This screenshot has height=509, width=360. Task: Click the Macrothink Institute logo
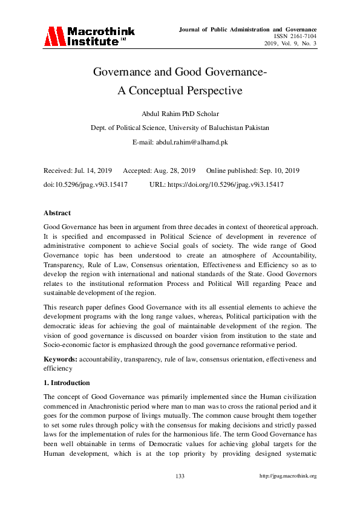coord(89,36)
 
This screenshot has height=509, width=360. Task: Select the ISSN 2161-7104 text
coord(296,36)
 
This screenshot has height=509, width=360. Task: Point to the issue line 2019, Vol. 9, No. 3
coord(290,44)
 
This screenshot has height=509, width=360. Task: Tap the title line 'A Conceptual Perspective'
coord(180,91)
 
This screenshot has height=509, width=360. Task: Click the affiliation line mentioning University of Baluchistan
coord(180,128)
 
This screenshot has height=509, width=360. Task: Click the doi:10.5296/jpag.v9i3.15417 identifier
coord(85,184)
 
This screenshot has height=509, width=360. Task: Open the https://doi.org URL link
coord(225,184)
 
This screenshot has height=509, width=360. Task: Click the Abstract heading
coord(57,213)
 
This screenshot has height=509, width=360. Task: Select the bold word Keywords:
coord(60,359)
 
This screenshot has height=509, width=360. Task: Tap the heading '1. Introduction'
coord(67,383)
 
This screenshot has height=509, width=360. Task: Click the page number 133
coord(180,476)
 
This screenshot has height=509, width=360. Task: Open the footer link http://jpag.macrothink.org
coord(288,476)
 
